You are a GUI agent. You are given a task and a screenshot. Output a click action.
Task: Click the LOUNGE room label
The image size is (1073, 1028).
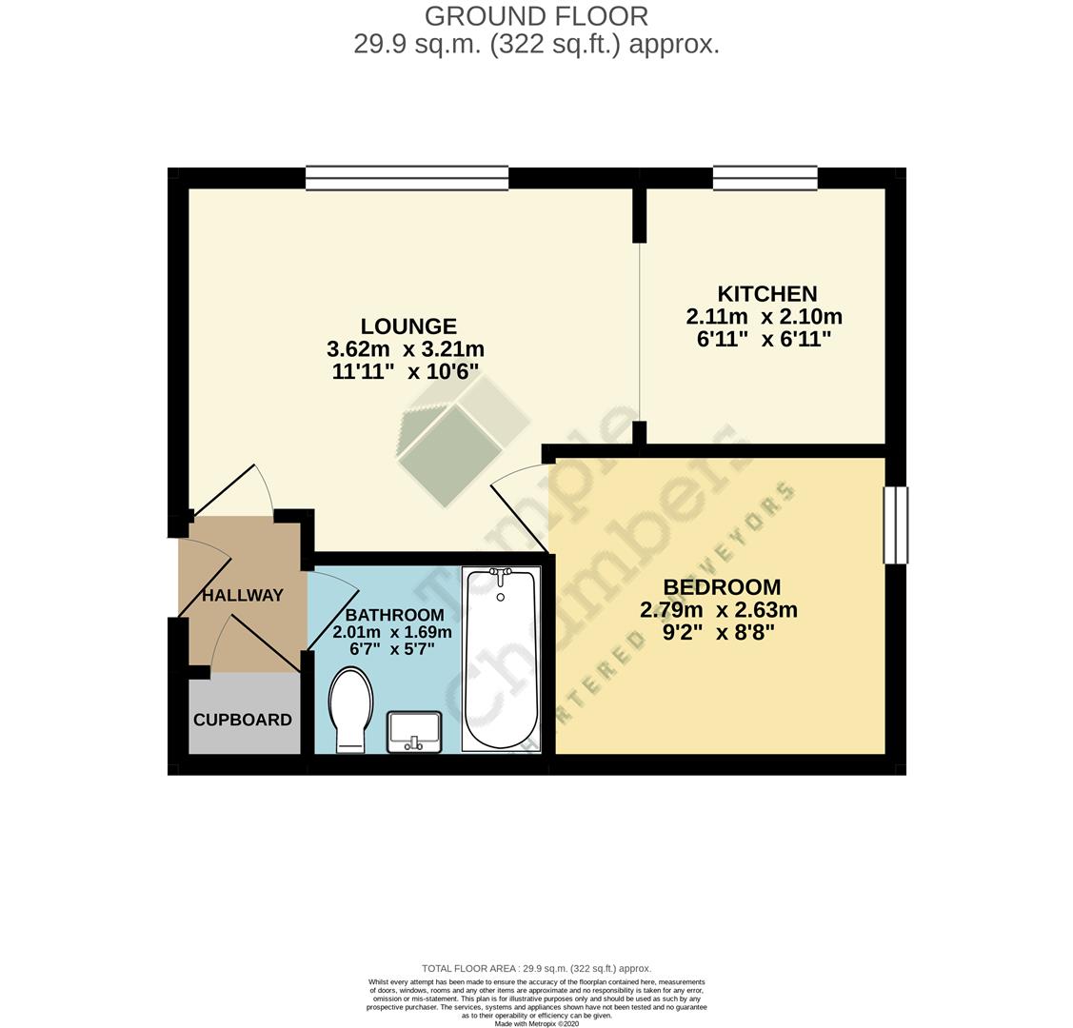pyautogui.click(x=407, y=326)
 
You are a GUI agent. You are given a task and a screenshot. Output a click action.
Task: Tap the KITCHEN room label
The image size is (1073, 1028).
pyautogui.click(x=766, y=293)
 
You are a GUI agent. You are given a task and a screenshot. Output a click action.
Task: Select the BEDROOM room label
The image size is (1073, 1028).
pyautogui.click(x=722, y=587)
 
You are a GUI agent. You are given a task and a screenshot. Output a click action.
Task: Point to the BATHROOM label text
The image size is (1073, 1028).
pyautogui.click(x=394, y=615)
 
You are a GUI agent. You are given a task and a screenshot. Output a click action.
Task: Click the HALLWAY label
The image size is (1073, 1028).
pyautogui.click(x=243, y=595)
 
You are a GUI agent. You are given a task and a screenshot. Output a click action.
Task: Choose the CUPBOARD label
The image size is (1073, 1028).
pyautogui.click(x=243, y=720)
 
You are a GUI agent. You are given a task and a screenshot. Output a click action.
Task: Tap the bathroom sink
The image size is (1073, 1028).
pyautogui.click(x=414, y=731)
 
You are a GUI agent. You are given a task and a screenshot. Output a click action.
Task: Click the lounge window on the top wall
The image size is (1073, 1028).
pyautogui.click(x=407, y=178)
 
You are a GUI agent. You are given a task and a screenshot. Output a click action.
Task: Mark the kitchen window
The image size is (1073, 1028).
pyautogui.click(x=765, y=178)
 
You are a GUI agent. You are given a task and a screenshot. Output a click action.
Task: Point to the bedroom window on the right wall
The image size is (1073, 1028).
pyautogui.click(x=895, y=525)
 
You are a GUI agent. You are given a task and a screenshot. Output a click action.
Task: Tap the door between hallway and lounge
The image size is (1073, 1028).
pyautogui.click(x=232, y=490)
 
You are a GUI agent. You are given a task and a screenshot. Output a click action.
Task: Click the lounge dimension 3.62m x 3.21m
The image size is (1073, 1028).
pyautogui.click(x=406, y=349)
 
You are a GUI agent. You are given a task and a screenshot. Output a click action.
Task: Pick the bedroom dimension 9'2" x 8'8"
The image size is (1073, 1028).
pyautogui.click(x=720, y=631)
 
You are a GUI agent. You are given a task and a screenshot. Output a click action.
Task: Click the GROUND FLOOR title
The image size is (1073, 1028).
pyautogui.click(x=536, y=16)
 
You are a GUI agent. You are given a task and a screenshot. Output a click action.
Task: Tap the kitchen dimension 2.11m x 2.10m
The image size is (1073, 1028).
pyautogui.click(x=764, y=317)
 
